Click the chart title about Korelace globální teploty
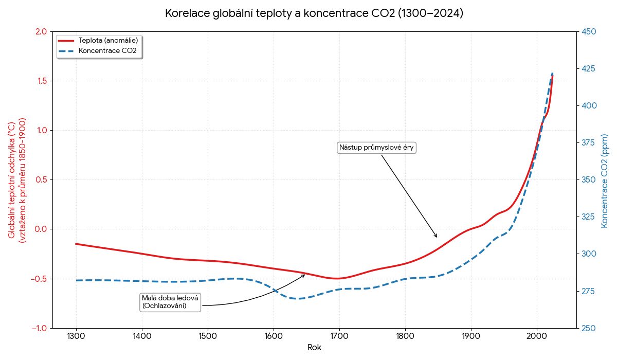pos(314,13)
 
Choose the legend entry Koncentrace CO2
pos(107,50)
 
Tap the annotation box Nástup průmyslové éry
pos(376,148)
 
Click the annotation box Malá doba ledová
pos(170,302)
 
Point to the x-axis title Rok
pos(314,348)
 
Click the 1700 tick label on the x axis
pos(339,336)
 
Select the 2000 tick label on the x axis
pos(537,336)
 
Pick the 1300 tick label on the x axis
pos(76,336)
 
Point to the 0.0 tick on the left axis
pos(41,229)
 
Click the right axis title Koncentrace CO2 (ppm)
pos(605,179)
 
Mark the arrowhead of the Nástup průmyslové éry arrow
pos(437,237)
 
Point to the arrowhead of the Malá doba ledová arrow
pos(305,275)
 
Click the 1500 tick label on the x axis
pos(208,336)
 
